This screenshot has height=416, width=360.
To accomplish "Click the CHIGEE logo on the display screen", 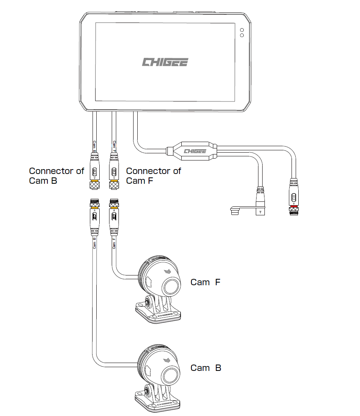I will tap(165, 62).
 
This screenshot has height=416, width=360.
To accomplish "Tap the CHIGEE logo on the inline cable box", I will tap(195, 151).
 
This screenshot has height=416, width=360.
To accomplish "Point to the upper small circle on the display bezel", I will tap(242, 30).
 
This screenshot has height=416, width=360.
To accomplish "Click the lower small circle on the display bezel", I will tap(242, 35).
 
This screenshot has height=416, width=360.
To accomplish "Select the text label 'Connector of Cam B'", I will tap(56, 176).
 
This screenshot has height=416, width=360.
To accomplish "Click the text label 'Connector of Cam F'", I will tap(153, 176).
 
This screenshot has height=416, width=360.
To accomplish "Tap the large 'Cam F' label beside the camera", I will tap(205, 282).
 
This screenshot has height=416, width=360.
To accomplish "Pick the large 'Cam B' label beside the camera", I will tap(206, 368).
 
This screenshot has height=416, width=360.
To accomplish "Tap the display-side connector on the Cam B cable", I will tap(94, 171).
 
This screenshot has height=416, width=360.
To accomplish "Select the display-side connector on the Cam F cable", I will tap(114, 171).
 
